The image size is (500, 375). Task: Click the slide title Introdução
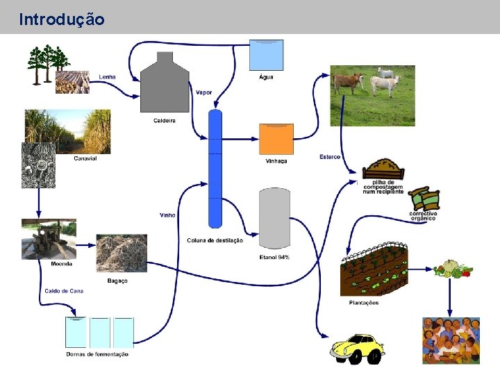[62, 19]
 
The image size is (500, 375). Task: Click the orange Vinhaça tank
[276, 139]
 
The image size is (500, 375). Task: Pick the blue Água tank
[266, 55]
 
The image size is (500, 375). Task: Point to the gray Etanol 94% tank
[274, 218]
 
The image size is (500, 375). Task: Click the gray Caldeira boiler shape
[165, 83]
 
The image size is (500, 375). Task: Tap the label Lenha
[107, 77]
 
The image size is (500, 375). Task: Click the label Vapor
[204, 92]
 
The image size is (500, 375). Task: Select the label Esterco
[330, 157]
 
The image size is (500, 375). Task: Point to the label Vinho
[167, 215]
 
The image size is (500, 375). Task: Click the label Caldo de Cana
[64, 291]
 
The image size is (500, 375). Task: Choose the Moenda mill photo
[49, 239]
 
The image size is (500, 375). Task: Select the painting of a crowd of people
[451, 340]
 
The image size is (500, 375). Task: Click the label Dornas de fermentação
[97, 354]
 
